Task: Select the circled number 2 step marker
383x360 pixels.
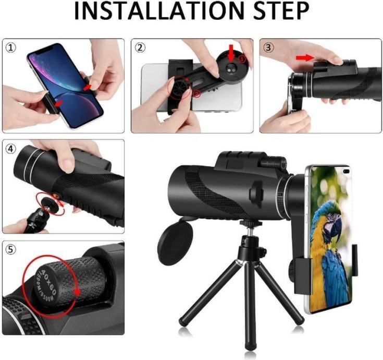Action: [140, 47]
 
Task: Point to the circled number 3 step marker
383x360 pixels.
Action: [268, 47]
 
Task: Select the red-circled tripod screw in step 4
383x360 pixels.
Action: [50, 203]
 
